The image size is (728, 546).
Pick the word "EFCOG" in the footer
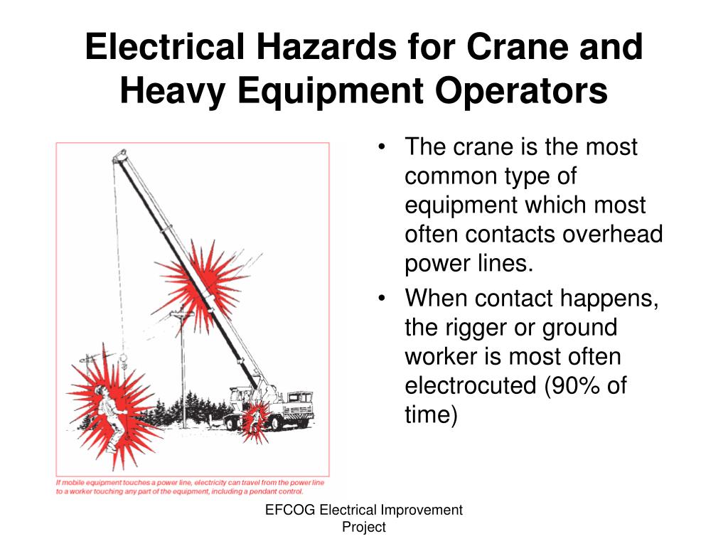[290, 510]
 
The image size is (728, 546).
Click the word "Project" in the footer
[363, 527]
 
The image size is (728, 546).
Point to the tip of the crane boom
[121, 154]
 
